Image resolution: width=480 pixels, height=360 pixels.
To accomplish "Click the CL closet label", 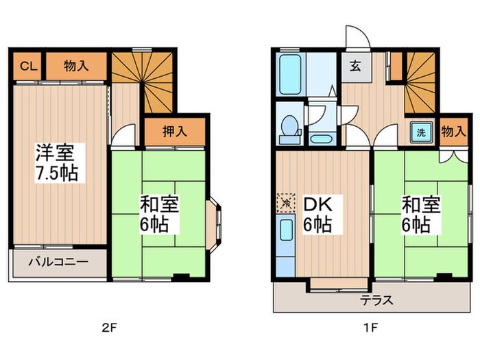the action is click(x=29, y=66).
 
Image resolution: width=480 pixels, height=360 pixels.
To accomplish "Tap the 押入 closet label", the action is click(x=175, y=132).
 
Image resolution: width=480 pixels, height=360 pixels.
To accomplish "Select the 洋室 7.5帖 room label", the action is click(x=57, y=163).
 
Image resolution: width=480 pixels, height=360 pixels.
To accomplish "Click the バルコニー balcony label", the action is click(x=58, y=262).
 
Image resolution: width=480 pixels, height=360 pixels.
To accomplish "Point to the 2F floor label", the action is click(x=110, y=328).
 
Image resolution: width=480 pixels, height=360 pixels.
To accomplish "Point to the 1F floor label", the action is click(x=370, y=328).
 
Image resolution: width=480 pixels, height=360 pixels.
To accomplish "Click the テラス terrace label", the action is click(x=376, y=300).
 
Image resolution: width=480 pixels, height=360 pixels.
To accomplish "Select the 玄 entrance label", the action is click(x=355, y=66).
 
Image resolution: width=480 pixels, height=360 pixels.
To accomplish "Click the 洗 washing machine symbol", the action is click(x=421, y=132).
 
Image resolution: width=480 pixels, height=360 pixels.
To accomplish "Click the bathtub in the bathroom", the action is click(x=290, y=74).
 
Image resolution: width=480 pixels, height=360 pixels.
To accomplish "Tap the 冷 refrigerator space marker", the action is click(x=286, y=203).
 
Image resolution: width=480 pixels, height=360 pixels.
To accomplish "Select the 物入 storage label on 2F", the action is click(x=76, y=66).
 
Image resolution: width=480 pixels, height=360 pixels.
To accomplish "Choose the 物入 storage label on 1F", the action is click(x=454, y=132).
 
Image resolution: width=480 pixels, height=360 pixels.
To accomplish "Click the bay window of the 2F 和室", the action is click(x=214, y=226).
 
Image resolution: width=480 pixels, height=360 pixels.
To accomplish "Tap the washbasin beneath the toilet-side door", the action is click(x=321, y=139).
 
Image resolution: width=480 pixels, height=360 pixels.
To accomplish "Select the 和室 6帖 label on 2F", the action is click(x=159, y=214).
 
